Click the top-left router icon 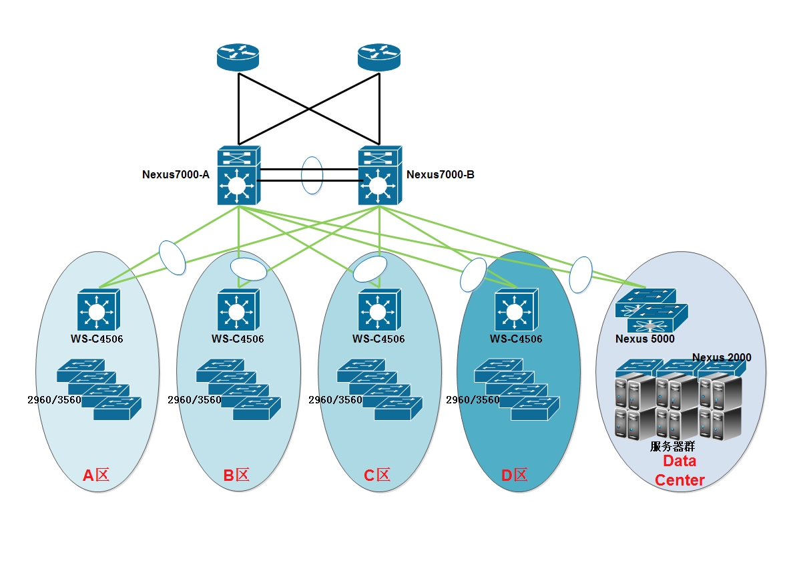pyautogui.click(x=238, y=57)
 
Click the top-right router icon pyautogui.click(x=378, y=57)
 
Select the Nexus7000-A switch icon pyautogui.click(x=238, y=176)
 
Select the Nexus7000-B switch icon pyautogui.click(x=379, y=176)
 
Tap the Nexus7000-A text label pyautogui.click(x=176, y=175)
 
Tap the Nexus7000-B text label pyautogui.click(x=441, y=175)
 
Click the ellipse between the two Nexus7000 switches pyautogui.click(x=312, y=176)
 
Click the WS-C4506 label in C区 pyautogui.click(x=378, y=339)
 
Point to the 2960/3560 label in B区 pyautogui.click(x=194, y=400)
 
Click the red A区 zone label pyautogui.click(x=95, y=476)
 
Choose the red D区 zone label pyautogui.click(x=514, y=476)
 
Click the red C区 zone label pyautogui.click(x=376, y=476)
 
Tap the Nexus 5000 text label pyautogui.click(x=645, y=339)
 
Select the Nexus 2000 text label pyautogui.click(x=722, y=357)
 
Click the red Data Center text pyautogui.click(x=680, y=470)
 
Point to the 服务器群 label pyautogui.click(x=673, y=446)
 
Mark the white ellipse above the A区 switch pyautogui.click(x=172, y=257)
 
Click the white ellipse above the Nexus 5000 pyautogui.click(x=581, y=274)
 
